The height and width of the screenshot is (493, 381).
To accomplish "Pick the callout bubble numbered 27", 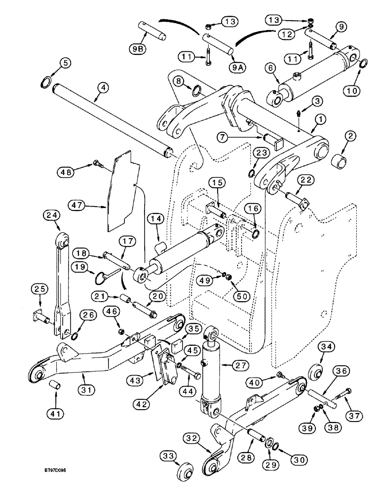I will click(228, 365).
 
